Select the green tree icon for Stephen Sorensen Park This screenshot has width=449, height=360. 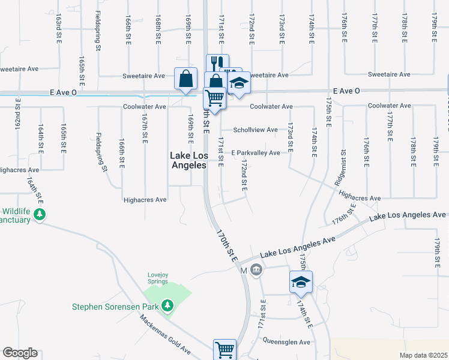point(169,306)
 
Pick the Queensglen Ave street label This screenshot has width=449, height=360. point(287,341)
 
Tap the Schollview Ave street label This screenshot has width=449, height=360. point(255,130)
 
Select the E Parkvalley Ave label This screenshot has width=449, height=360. point(256,153)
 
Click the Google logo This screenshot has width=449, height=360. point(20,353)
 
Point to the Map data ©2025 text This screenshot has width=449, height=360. point(423,355)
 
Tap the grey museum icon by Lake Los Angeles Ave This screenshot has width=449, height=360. point(256,269)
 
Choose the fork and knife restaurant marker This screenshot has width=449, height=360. point(217,63)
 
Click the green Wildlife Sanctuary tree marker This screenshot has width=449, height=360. point(40,214)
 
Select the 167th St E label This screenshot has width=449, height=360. point(145,128)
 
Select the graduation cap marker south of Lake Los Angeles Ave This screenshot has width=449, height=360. point(301,281)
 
